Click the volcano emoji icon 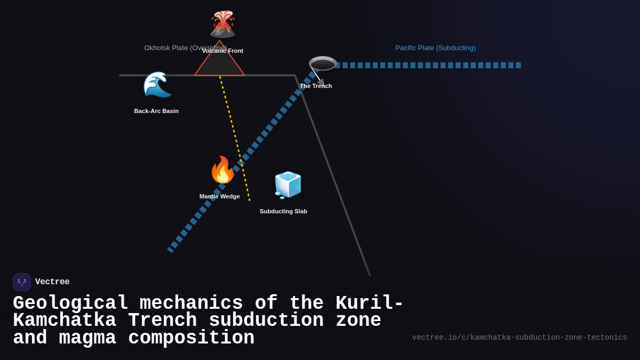222,24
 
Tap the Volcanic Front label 223,51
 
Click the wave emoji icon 157,84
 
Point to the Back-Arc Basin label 156,111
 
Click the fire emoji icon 222,170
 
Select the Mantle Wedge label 220,196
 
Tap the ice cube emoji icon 287,185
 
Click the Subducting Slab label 283,211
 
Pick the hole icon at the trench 323,63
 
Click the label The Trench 316,86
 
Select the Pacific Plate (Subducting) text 435,48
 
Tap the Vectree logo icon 22,282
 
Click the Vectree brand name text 52,282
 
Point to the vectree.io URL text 519,338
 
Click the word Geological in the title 70,303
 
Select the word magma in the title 87,338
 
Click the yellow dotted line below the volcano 235,139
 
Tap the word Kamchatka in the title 65,321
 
